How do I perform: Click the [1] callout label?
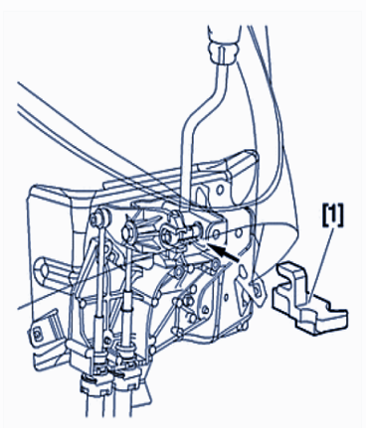tap(332, 215)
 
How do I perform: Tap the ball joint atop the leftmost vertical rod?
tap(100, 217)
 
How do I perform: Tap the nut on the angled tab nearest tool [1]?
tap(258, 289)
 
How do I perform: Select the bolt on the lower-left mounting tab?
tap(37, 332)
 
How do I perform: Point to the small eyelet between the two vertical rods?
tap(107, 340)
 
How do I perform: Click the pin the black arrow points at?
tap(193, 232)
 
